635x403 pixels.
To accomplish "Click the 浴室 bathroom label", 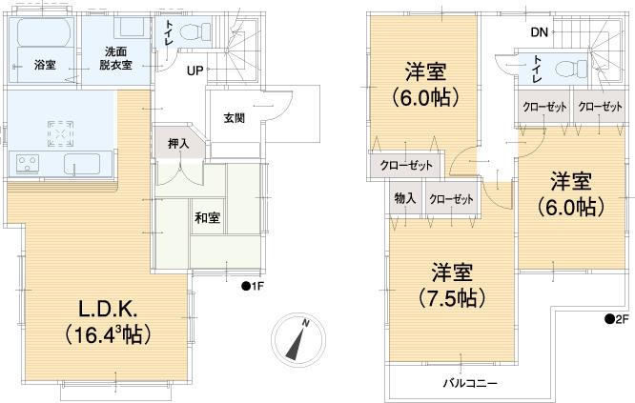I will point(44,65).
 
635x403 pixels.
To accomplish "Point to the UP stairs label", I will point(195,71).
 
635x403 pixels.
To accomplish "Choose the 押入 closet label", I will point(178,144).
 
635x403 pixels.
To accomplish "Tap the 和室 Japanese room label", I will point(208,218).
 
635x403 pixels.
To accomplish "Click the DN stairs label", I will point(540,32).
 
